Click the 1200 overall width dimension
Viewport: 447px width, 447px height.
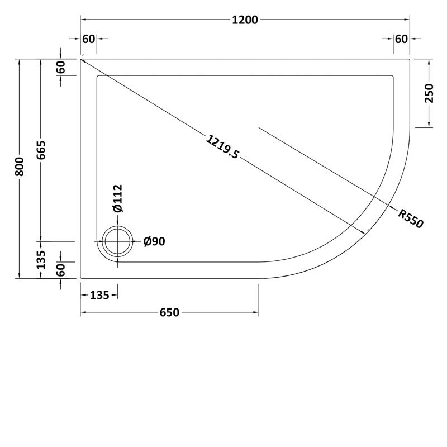pos(244,21)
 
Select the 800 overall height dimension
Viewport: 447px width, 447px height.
pos(20,167)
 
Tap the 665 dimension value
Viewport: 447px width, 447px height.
pos(41,150)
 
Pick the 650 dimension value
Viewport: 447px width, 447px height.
pos(169,312)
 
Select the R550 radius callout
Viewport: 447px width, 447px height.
pos(411,218)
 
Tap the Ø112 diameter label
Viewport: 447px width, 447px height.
pos(118,198)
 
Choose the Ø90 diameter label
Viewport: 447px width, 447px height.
pos(154,241)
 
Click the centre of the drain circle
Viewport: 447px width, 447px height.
pos(117,242)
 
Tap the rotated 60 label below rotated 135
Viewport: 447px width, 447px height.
pos(61,270)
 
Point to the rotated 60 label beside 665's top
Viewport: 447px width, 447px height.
pos(61,67)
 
